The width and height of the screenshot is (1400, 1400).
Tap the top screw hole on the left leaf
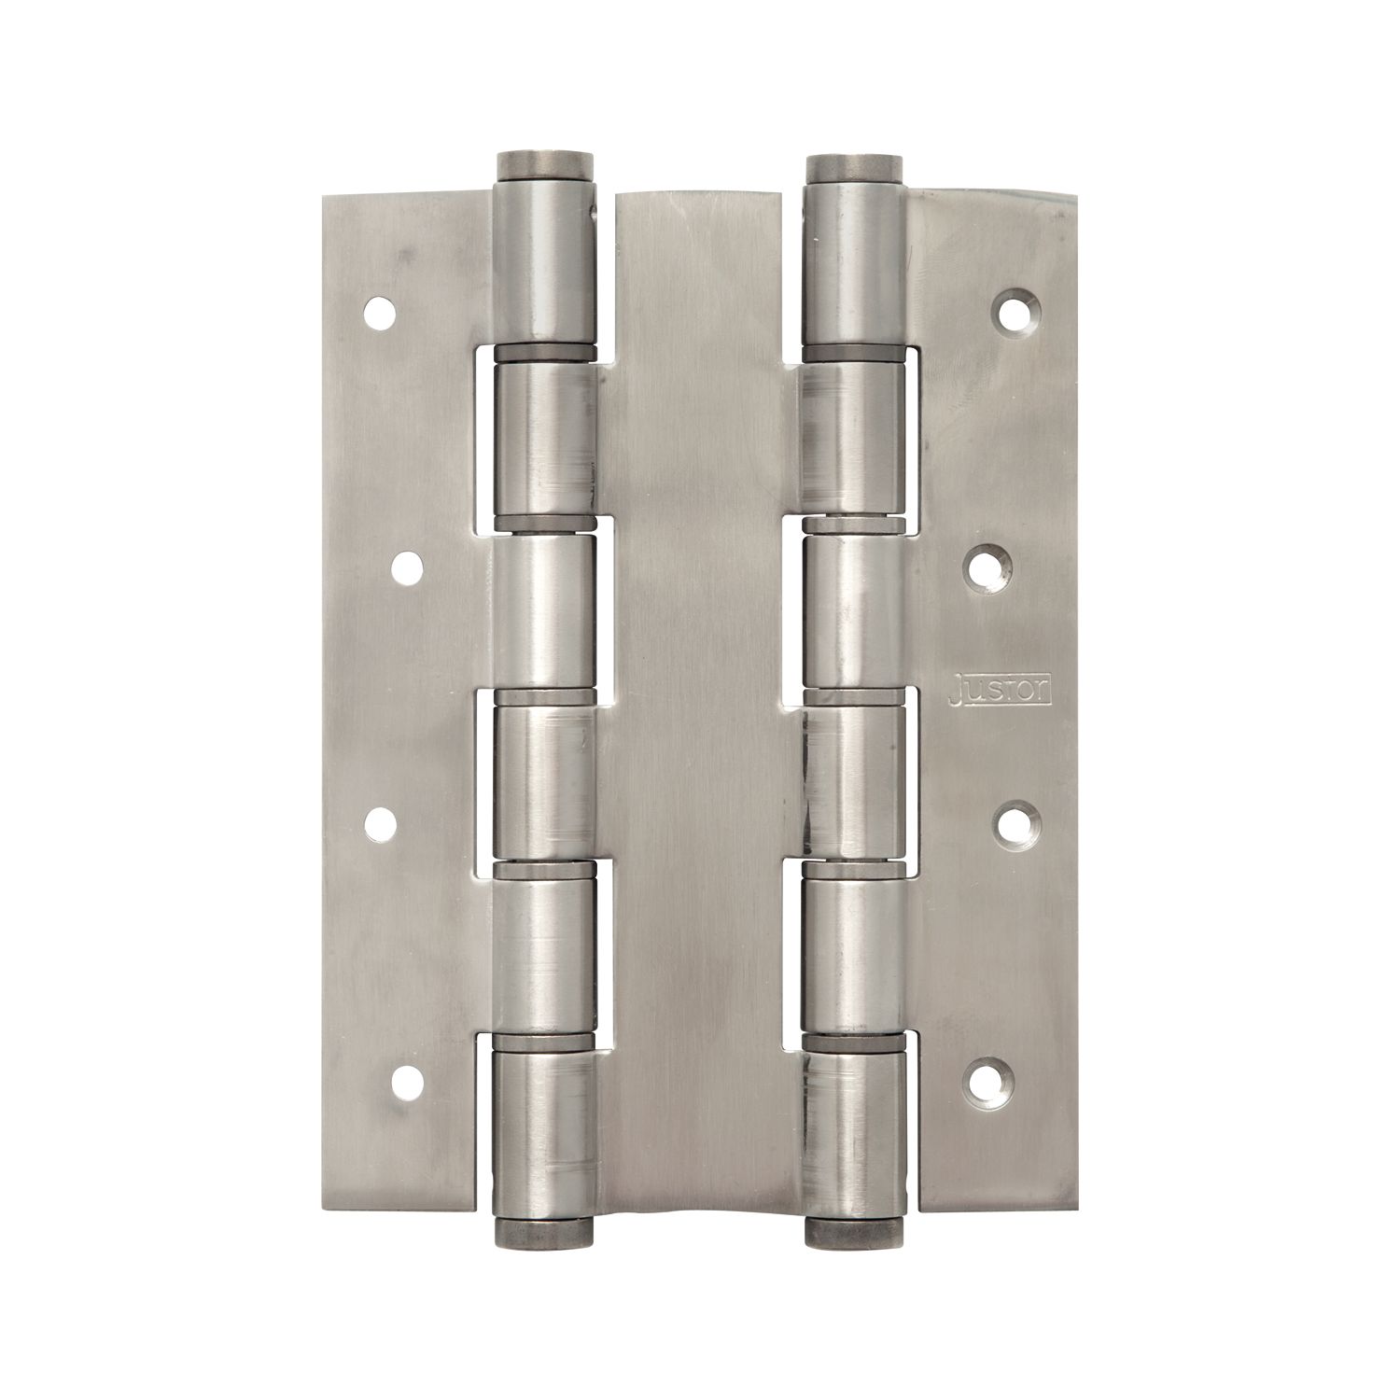coord(380,315)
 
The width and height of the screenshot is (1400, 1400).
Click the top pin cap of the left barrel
coord(543,165)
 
